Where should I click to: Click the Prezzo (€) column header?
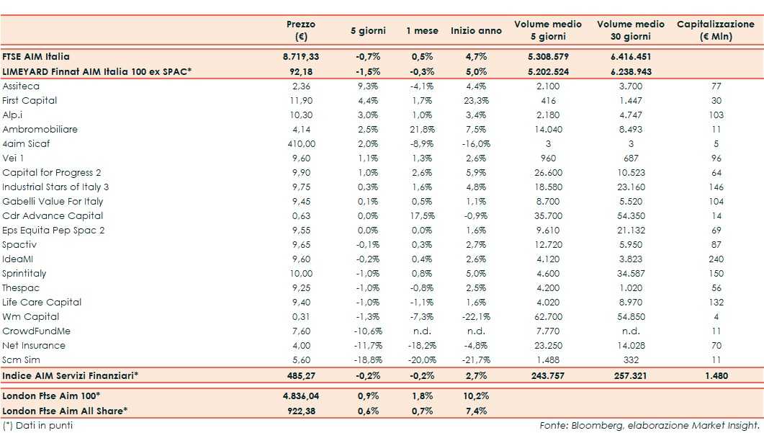coord(300,30)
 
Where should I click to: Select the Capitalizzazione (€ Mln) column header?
coord(715,30)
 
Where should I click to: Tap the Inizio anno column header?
coord(476,31)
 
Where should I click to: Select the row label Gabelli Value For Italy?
coord(53,201)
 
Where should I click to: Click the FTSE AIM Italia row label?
coord(37,55)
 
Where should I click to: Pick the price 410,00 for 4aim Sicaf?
coord(300,143)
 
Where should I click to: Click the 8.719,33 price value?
coord(300,55)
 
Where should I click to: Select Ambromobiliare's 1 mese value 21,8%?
coord(420,129)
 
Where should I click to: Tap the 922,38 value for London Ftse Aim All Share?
coord(300,410)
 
